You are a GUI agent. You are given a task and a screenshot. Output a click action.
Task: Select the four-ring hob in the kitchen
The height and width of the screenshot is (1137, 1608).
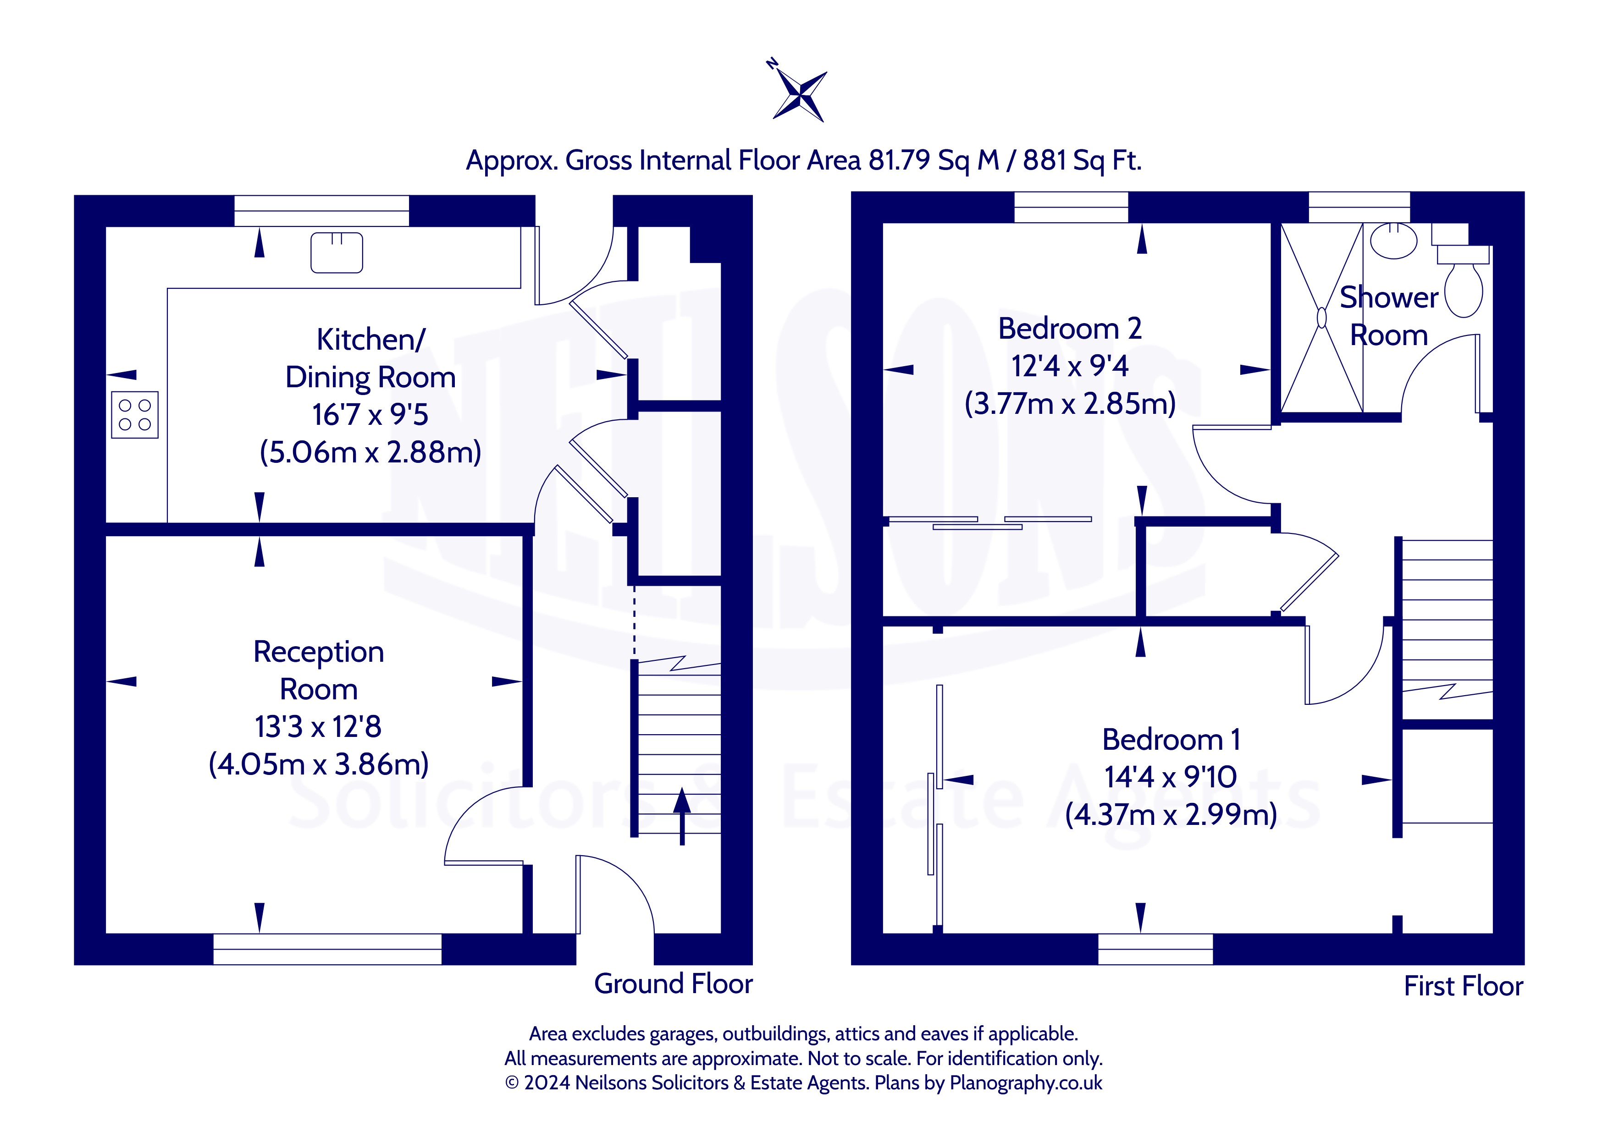pos(134,414)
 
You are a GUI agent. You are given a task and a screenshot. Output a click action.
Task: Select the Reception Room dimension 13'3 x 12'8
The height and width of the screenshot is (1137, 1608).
pos(319,727)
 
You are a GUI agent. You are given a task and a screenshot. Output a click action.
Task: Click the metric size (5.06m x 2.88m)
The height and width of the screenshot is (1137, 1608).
pos(370,452)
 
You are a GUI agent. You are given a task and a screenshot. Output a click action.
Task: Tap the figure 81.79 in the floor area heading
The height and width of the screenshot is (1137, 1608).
pos(899,160)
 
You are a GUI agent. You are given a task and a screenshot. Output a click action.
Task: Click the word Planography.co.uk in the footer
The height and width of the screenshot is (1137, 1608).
pos(1026,1083)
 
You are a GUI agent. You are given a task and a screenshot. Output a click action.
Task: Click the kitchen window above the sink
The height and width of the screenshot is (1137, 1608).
pos(321,211)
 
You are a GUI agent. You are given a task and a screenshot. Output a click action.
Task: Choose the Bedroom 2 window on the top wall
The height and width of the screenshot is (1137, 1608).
pos(1072,207)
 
